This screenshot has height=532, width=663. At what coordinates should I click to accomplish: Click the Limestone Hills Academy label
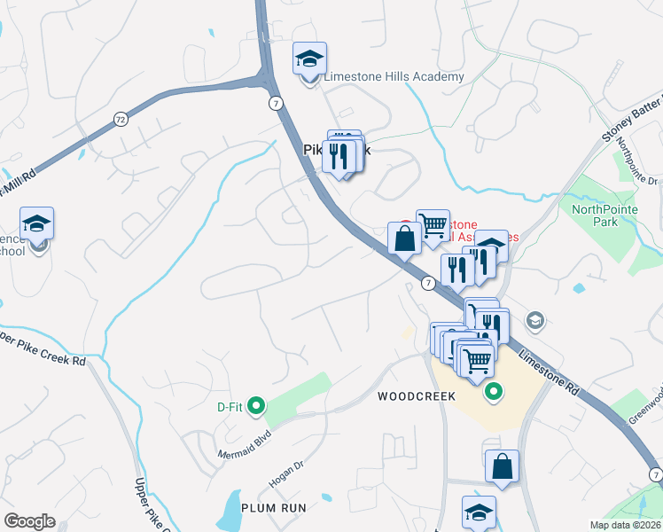(394, 77)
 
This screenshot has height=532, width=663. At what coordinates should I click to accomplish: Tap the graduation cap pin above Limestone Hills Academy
(309, 59)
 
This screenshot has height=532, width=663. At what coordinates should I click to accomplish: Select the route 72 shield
(121, 118)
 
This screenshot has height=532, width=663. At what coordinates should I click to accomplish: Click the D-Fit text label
(230, 407)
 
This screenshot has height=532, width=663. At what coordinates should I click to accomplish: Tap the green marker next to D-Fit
(256, 407)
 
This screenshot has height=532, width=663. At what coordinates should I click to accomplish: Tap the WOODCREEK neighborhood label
(417, 396)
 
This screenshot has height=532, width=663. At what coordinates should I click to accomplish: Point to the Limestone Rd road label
(550, 369)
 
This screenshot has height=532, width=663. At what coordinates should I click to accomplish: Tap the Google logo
(29, 521)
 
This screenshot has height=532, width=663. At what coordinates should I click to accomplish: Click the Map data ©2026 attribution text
(626, 525)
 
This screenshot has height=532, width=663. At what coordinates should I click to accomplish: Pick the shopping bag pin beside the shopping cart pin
(404, 239)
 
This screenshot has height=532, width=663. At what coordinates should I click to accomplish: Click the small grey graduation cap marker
(534, 319)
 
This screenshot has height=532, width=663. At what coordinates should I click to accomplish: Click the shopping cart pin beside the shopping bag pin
(433, 225)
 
